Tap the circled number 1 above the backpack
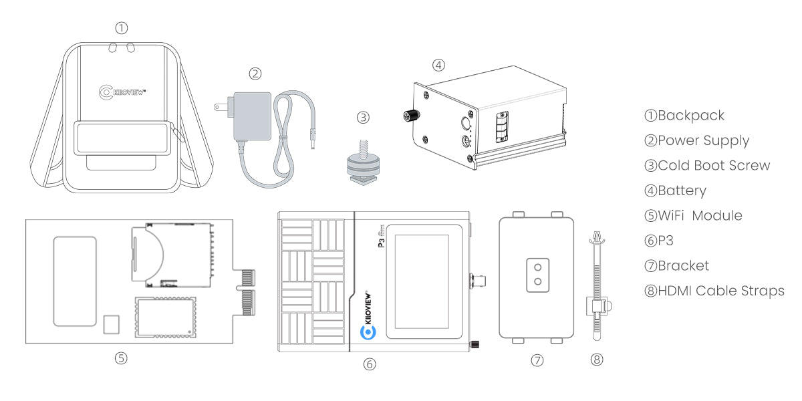[121, 28]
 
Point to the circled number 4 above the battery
[438, 65]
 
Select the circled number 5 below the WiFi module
[121, 358]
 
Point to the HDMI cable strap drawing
[596, 287]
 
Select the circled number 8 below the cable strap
[597, 359]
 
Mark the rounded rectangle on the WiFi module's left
[74, 281]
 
